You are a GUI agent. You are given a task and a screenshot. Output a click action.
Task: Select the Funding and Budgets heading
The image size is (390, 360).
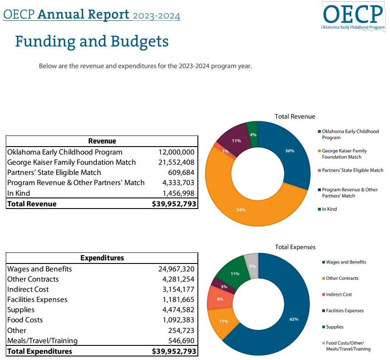[92, 41]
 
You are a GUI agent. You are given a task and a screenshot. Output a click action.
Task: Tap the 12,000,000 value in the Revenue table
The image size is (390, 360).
[176, 152]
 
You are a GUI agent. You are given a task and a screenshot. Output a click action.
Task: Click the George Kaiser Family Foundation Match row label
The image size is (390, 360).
[71, 162]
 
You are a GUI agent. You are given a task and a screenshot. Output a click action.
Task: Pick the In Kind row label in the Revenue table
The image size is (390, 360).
[16, 193]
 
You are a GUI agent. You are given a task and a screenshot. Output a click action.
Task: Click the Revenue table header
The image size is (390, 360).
[102, 141]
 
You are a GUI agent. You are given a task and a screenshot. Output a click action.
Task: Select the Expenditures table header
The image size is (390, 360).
[102, 258]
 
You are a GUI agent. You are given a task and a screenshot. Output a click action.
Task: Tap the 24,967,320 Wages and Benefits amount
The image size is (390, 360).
[176, 269]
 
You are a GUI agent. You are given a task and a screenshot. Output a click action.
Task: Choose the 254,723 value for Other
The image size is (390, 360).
[182, 330]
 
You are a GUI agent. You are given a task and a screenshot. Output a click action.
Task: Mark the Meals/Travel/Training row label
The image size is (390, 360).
[42, 341]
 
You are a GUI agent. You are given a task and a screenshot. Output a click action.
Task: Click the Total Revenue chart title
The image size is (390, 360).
[295, 116]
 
